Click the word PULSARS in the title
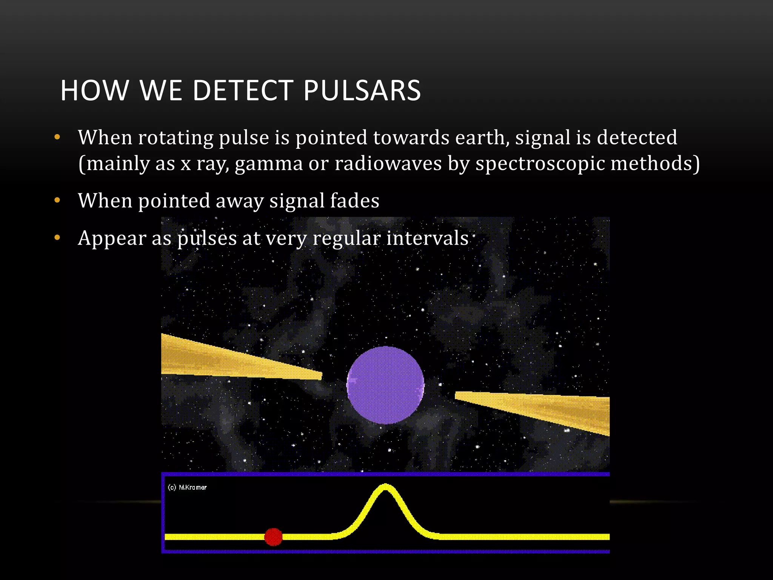[x=362, y=91]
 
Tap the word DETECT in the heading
[x=243, y=91]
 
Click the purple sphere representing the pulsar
[x=385, y=385]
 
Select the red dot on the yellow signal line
[x=273, y=537]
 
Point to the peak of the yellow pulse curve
[x=385, y=487]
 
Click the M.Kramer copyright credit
[x=187, y=487]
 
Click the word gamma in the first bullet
[x=269, y=164]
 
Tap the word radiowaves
[x=388, y=164]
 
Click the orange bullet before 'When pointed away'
[x=57, y=200]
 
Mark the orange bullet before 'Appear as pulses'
[x=57, y=238]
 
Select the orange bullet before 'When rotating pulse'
[x=57, y=137]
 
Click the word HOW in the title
[x=94, y=91]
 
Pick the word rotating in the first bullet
[x=176, y=138]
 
